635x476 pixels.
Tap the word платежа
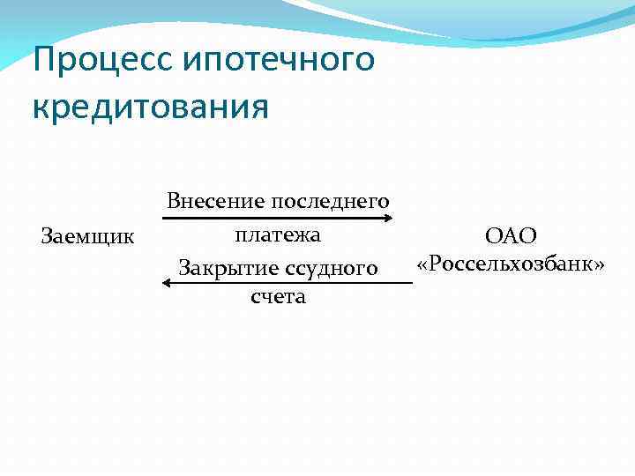pos(278,235)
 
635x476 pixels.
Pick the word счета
pos(278,296)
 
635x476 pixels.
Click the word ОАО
pos(511,235)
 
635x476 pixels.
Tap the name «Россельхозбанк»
pos(511,264)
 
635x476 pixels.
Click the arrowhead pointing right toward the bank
pos(387,217)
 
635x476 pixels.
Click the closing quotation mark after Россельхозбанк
pos(599,265)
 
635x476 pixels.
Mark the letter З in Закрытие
pos(183,267)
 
